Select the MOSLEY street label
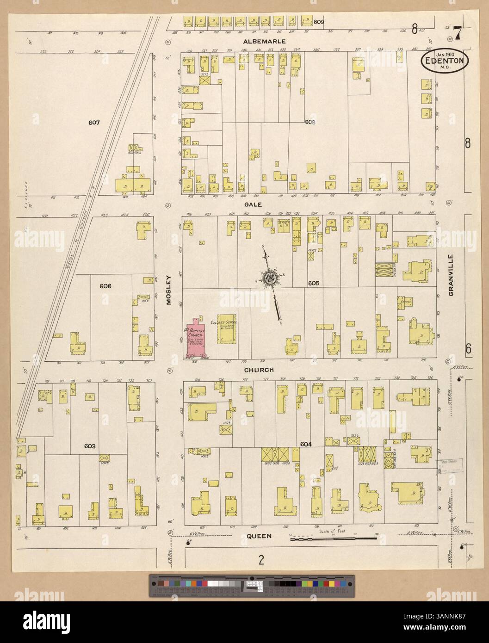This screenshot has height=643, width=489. (x=169, y=290)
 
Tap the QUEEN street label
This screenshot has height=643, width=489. (x=258, y=536)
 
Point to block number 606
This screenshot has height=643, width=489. (x=105, y=286)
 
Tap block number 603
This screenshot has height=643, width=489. (x=90, y=446)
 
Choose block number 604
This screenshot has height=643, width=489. (x=306, y=444)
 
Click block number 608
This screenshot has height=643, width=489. (x=310, y=122)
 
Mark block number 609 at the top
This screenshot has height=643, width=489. (x=319, y=22)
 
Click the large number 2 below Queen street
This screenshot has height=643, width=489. (x=261, y=561)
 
